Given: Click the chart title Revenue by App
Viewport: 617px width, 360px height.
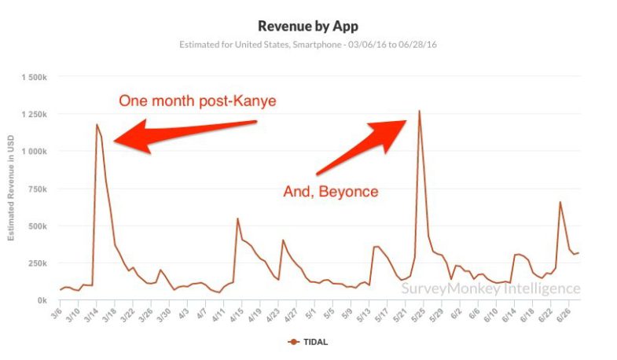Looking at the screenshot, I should tap(307, 26).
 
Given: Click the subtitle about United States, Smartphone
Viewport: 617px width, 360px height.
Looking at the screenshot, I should tap(307, 44).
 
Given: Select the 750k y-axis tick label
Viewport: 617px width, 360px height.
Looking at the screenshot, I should tap(36, 189).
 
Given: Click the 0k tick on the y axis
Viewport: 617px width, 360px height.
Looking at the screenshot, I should tap(41, 301).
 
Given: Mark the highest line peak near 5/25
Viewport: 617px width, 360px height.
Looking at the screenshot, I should tap(419, 111).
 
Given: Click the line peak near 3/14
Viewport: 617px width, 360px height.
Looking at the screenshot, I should tap(97, 124).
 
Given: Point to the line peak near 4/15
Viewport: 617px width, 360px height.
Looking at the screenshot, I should tap(237, 219).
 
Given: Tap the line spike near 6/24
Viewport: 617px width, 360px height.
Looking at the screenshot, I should tap(560, 202).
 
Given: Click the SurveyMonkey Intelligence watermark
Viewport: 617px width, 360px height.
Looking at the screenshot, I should tap(490, 288).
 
